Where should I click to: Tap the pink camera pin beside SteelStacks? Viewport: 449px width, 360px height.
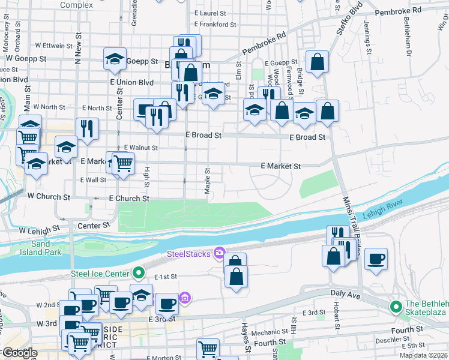point(220,253)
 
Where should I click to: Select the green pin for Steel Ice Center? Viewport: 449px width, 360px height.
point(139,274)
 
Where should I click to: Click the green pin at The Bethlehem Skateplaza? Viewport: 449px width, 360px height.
point(396,307)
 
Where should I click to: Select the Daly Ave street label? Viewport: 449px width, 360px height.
point(345,292)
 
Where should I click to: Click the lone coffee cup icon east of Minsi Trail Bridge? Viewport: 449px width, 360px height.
point(376,259)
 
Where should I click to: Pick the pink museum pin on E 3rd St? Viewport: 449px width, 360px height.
point(184,298)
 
